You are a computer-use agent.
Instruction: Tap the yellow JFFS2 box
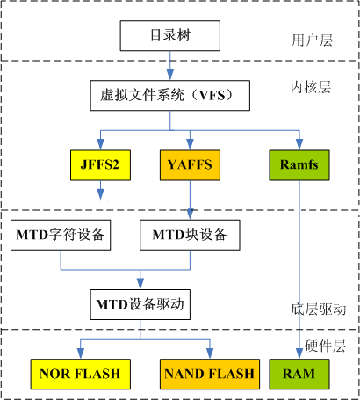click(100, 164)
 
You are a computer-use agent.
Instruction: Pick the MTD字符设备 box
click(60, 234)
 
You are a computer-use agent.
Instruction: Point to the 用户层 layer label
click(309, 40)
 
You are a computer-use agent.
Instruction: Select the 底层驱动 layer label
click(320, 309)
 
